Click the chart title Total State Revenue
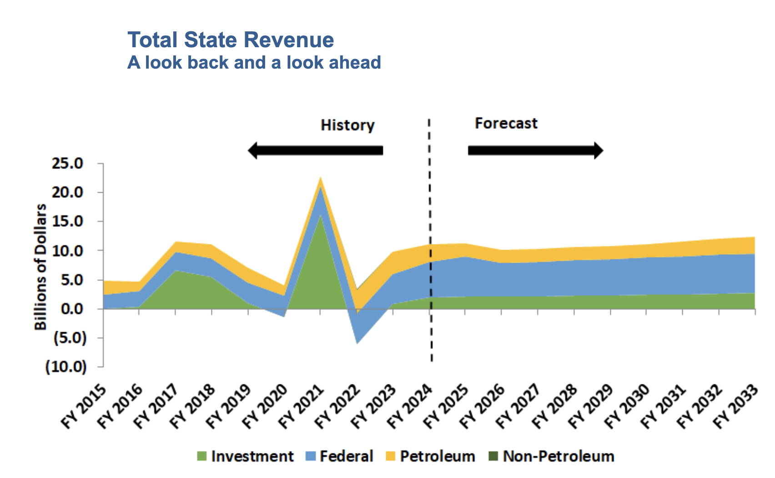tap(231, 40)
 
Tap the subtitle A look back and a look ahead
tap(254, 63)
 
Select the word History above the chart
tap(347, 125)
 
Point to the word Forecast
tap(506, 123)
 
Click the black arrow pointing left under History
tap(315, 150)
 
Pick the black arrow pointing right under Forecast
tap(535, 150)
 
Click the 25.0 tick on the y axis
tap(68, 163)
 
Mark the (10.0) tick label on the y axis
tap(65, 367)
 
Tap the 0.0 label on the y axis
tap(73, 309)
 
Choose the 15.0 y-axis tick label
tap(68, 221)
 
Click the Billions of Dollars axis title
tap(40, 267)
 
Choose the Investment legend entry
tap(246, 456)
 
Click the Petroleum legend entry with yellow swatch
tap(430, 456)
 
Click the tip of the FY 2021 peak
tap(321, 178)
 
